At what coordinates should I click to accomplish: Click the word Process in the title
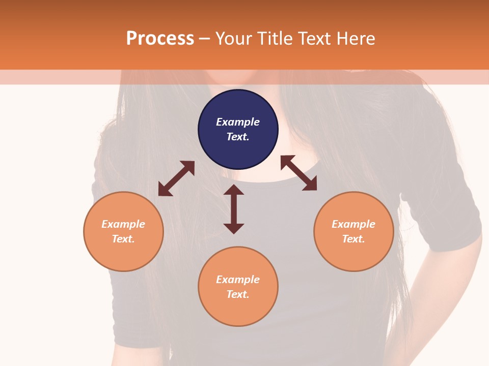click(x=160, y=39)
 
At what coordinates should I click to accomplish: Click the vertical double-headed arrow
click(x=234, y=209)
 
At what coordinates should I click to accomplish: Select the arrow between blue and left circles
click(x=176, y=178)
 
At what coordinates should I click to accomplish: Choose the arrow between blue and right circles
click(x=298, y=173)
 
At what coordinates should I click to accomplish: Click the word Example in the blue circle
click(x=238, y=122)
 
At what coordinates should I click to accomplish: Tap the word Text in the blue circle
click(x=238, y=137)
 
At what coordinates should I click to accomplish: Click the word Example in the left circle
click(x=123, y=224)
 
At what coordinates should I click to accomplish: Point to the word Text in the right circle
click(x=354, y=239)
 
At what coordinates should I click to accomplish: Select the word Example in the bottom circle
click(x=238, y=280)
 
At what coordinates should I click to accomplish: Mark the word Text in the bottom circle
click(x=238, y=294)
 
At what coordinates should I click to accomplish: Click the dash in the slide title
click(x=205, y=39)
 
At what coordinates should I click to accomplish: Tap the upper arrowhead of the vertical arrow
click(x=234, y=190)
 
